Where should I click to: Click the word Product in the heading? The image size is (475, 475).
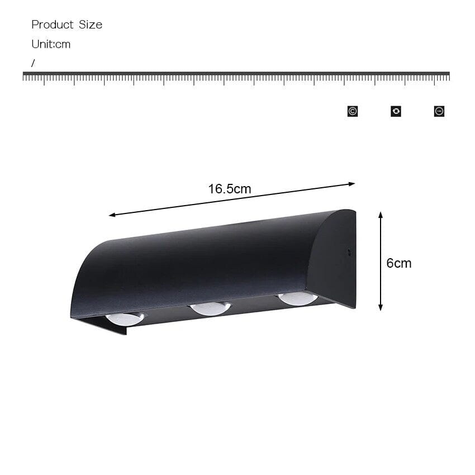click(53, 25)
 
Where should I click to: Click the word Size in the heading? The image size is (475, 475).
click(91, 25)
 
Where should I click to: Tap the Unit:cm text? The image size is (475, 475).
click(51, 44)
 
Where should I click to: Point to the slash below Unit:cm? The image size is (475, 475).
click(33, 63)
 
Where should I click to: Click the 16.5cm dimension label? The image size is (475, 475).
click(230, 189)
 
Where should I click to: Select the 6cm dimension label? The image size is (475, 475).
click(398, 263)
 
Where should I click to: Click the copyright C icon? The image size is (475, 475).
click(352, 111)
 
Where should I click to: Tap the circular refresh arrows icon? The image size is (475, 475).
click(396, 111)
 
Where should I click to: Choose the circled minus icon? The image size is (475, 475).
click(439, 111)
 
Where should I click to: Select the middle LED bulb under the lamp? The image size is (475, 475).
click(210, 308)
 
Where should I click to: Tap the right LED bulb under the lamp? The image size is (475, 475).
click(298, 298)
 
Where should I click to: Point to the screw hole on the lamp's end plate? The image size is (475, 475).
click(349, 252)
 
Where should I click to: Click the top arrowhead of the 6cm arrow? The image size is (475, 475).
click(381, 215)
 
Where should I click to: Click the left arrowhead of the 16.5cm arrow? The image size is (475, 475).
click(112, 215)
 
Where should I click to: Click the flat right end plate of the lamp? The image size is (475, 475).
click(334, 257)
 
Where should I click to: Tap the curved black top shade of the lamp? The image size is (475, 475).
click(196, 263)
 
